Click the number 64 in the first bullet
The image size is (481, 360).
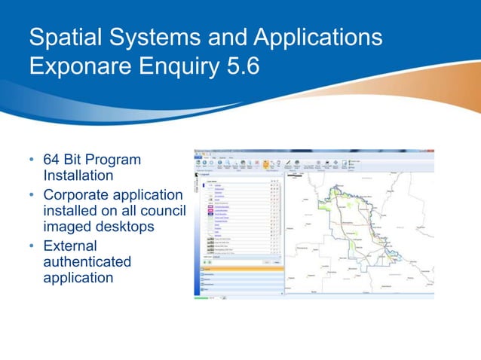[52, 160]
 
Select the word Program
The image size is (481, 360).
[115, 160]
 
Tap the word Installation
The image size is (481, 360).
[78, 175]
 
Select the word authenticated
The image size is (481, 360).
[87, 261]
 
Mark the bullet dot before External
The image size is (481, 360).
[32, 247]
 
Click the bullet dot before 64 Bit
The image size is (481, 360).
[32, 161]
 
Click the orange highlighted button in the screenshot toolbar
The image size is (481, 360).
[266, 163]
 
